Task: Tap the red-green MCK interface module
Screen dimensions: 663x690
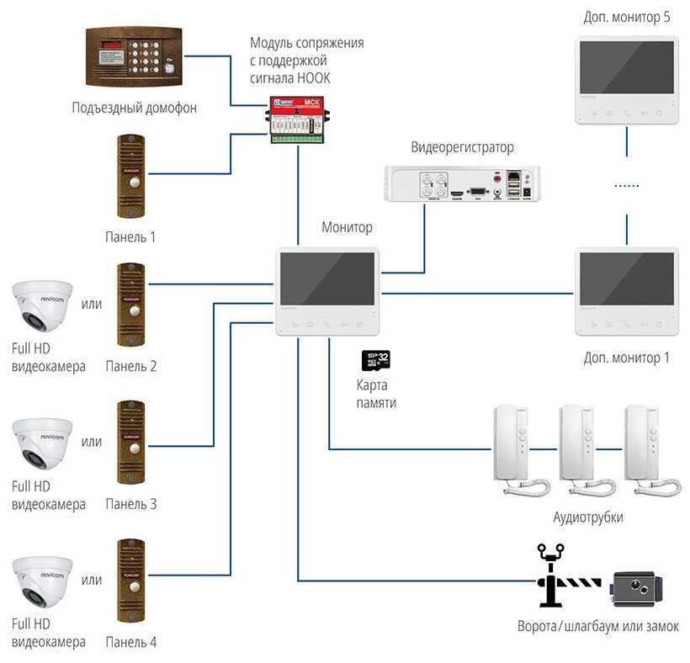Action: pos(297,119)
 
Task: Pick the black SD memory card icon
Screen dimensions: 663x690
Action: pos(375,361)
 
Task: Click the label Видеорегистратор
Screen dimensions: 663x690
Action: pos(462,147)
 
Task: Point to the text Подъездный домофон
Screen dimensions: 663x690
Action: pos(135,107)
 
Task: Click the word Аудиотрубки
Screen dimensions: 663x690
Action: pos(588,517)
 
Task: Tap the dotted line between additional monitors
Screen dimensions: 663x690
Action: pos(626,185)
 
